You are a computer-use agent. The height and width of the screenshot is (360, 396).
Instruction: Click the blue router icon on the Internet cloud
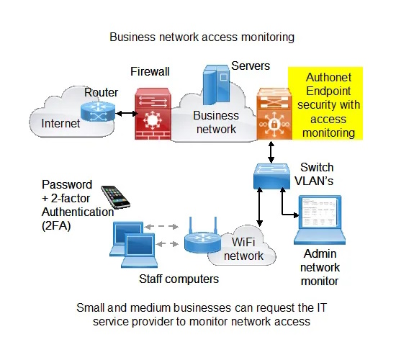98,112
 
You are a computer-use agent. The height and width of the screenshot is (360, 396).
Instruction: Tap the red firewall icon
153,114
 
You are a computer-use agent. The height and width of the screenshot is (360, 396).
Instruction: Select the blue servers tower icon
217,85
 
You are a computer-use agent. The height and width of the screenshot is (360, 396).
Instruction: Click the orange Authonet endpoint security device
274,114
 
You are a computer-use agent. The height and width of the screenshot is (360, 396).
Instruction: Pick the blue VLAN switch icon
271,176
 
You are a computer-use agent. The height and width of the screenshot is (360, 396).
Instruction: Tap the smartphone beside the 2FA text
115,197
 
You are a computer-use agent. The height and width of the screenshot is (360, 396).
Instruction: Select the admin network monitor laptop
320,220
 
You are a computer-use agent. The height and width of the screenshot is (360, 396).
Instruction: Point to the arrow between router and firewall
126,114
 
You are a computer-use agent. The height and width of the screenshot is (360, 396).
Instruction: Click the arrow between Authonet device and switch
271,153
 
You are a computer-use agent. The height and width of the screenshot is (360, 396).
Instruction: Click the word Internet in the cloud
60,123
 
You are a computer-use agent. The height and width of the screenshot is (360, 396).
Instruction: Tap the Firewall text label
150,71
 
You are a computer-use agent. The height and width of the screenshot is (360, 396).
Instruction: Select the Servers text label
251,66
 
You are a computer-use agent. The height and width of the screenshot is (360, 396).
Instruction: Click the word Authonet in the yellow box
328,77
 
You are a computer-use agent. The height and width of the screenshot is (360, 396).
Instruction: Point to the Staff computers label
179,279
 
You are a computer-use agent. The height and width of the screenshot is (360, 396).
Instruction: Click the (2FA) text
56,225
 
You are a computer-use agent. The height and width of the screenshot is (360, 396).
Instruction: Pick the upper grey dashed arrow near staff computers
161,226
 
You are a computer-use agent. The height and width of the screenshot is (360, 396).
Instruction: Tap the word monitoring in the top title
268,37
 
